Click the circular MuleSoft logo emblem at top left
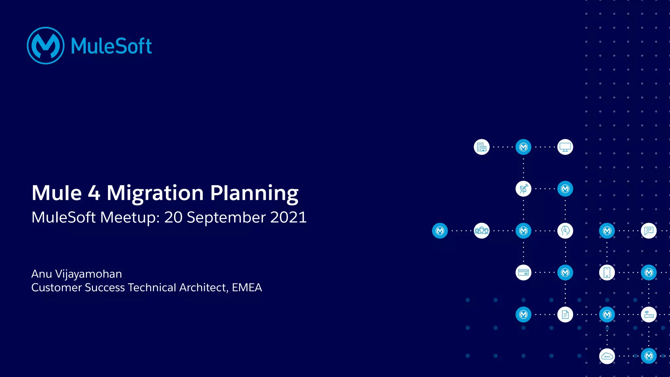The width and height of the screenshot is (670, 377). pos(45,45)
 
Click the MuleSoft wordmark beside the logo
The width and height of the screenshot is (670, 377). pos(111,46)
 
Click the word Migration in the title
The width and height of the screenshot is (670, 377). pos(155,193)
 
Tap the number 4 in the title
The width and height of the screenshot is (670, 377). pos(94,193)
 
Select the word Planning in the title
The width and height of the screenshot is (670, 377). pos(254,193)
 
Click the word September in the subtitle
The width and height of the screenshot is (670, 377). pos(226,217)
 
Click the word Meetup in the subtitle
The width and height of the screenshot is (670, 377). pos(130,217)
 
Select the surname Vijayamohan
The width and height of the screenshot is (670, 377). pos(88,274)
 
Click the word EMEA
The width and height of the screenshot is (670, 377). pos(247,288)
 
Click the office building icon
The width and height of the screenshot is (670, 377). pos(482,147)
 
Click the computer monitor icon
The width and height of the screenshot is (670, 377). pos(565,147)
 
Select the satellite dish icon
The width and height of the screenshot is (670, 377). pos(523,189)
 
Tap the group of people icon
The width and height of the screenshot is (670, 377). pos(482,231)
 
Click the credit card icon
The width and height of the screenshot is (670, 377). pos(523,273)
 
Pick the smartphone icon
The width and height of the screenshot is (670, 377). pos(607,273)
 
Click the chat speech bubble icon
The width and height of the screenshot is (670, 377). pos(649,231)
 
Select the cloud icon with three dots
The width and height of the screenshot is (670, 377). pos(607,356)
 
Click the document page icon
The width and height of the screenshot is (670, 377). pos(565,315)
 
